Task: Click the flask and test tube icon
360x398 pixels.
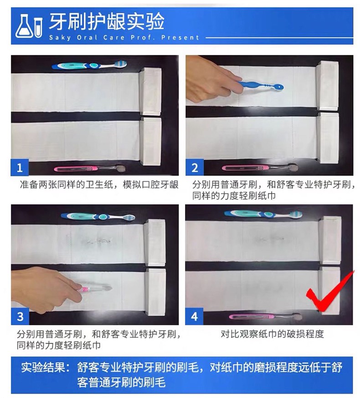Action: click(29, 26)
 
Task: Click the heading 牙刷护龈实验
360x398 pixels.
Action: click(107, 21)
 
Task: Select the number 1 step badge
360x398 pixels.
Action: click(20, 168)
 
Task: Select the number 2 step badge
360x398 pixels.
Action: click(195, 168)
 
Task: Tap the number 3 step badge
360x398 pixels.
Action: click(20, 316)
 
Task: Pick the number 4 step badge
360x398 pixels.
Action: click(194, 316)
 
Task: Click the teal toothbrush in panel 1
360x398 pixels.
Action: click(89, 65)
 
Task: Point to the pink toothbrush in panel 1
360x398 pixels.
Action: click(90, 168)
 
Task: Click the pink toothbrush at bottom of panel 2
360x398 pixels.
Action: click(260, 168)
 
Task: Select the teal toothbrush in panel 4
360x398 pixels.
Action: click(263, 214)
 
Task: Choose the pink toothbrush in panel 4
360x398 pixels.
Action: click(266, 316)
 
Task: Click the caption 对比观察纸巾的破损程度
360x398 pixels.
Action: click(272, 334)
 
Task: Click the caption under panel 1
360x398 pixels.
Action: click(99, 184)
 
